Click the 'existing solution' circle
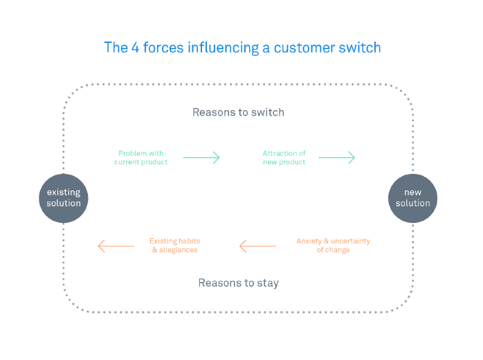(x=64, y=198)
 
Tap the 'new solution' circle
(x=413, y=198)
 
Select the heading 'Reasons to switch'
(x=238, y=112)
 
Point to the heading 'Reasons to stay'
(x=238, y=282)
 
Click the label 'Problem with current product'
(x=140, y=158)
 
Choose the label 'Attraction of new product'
(x=284, y=158)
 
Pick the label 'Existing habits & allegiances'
(x=174, y=245)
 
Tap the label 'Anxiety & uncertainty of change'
(x=333, y=245)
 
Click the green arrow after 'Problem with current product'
(x=201, y=158)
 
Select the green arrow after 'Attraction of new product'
(x=336, y=158)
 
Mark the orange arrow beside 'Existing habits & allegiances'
(x=116, y=246)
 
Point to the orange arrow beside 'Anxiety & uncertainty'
(x=257, y=246)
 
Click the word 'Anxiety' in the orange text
(x=309, y=241)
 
